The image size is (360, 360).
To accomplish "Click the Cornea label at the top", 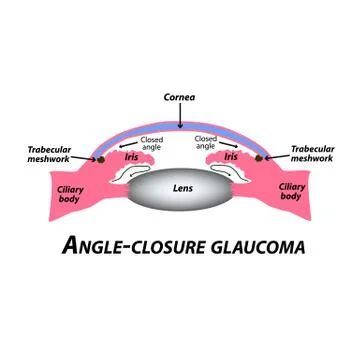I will pyautogui.click(x=180, y=97).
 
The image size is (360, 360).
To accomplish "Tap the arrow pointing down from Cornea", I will pyautogui.click(x=180, y=114).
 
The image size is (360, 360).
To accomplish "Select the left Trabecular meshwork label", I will pyautogui.click(x=51, y=154).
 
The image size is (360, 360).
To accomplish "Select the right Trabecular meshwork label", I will pyautogui.click(x=312, y=154).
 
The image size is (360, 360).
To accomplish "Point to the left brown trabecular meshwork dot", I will pyautogui.click(x=98, y=157).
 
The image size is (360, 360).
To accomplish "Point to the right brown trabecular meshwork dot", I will pyautogui.click(x=262, y=157).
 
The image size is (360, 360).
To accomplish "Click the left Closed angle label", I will pyautogui.click(x=152, y=143).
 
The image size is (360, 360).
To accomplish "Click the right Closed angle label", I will pyautogui.click(x=207, y=143).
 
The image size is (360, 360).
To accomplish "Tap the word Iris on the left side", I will pyautogui.click(x=130, y=157).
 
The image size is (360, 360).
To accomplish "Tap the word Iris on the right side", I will pyautogui.click(x=231, y=157).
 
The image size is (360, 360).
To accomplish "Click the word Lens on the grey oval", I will pyautogui.click(x=180, y=187).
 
